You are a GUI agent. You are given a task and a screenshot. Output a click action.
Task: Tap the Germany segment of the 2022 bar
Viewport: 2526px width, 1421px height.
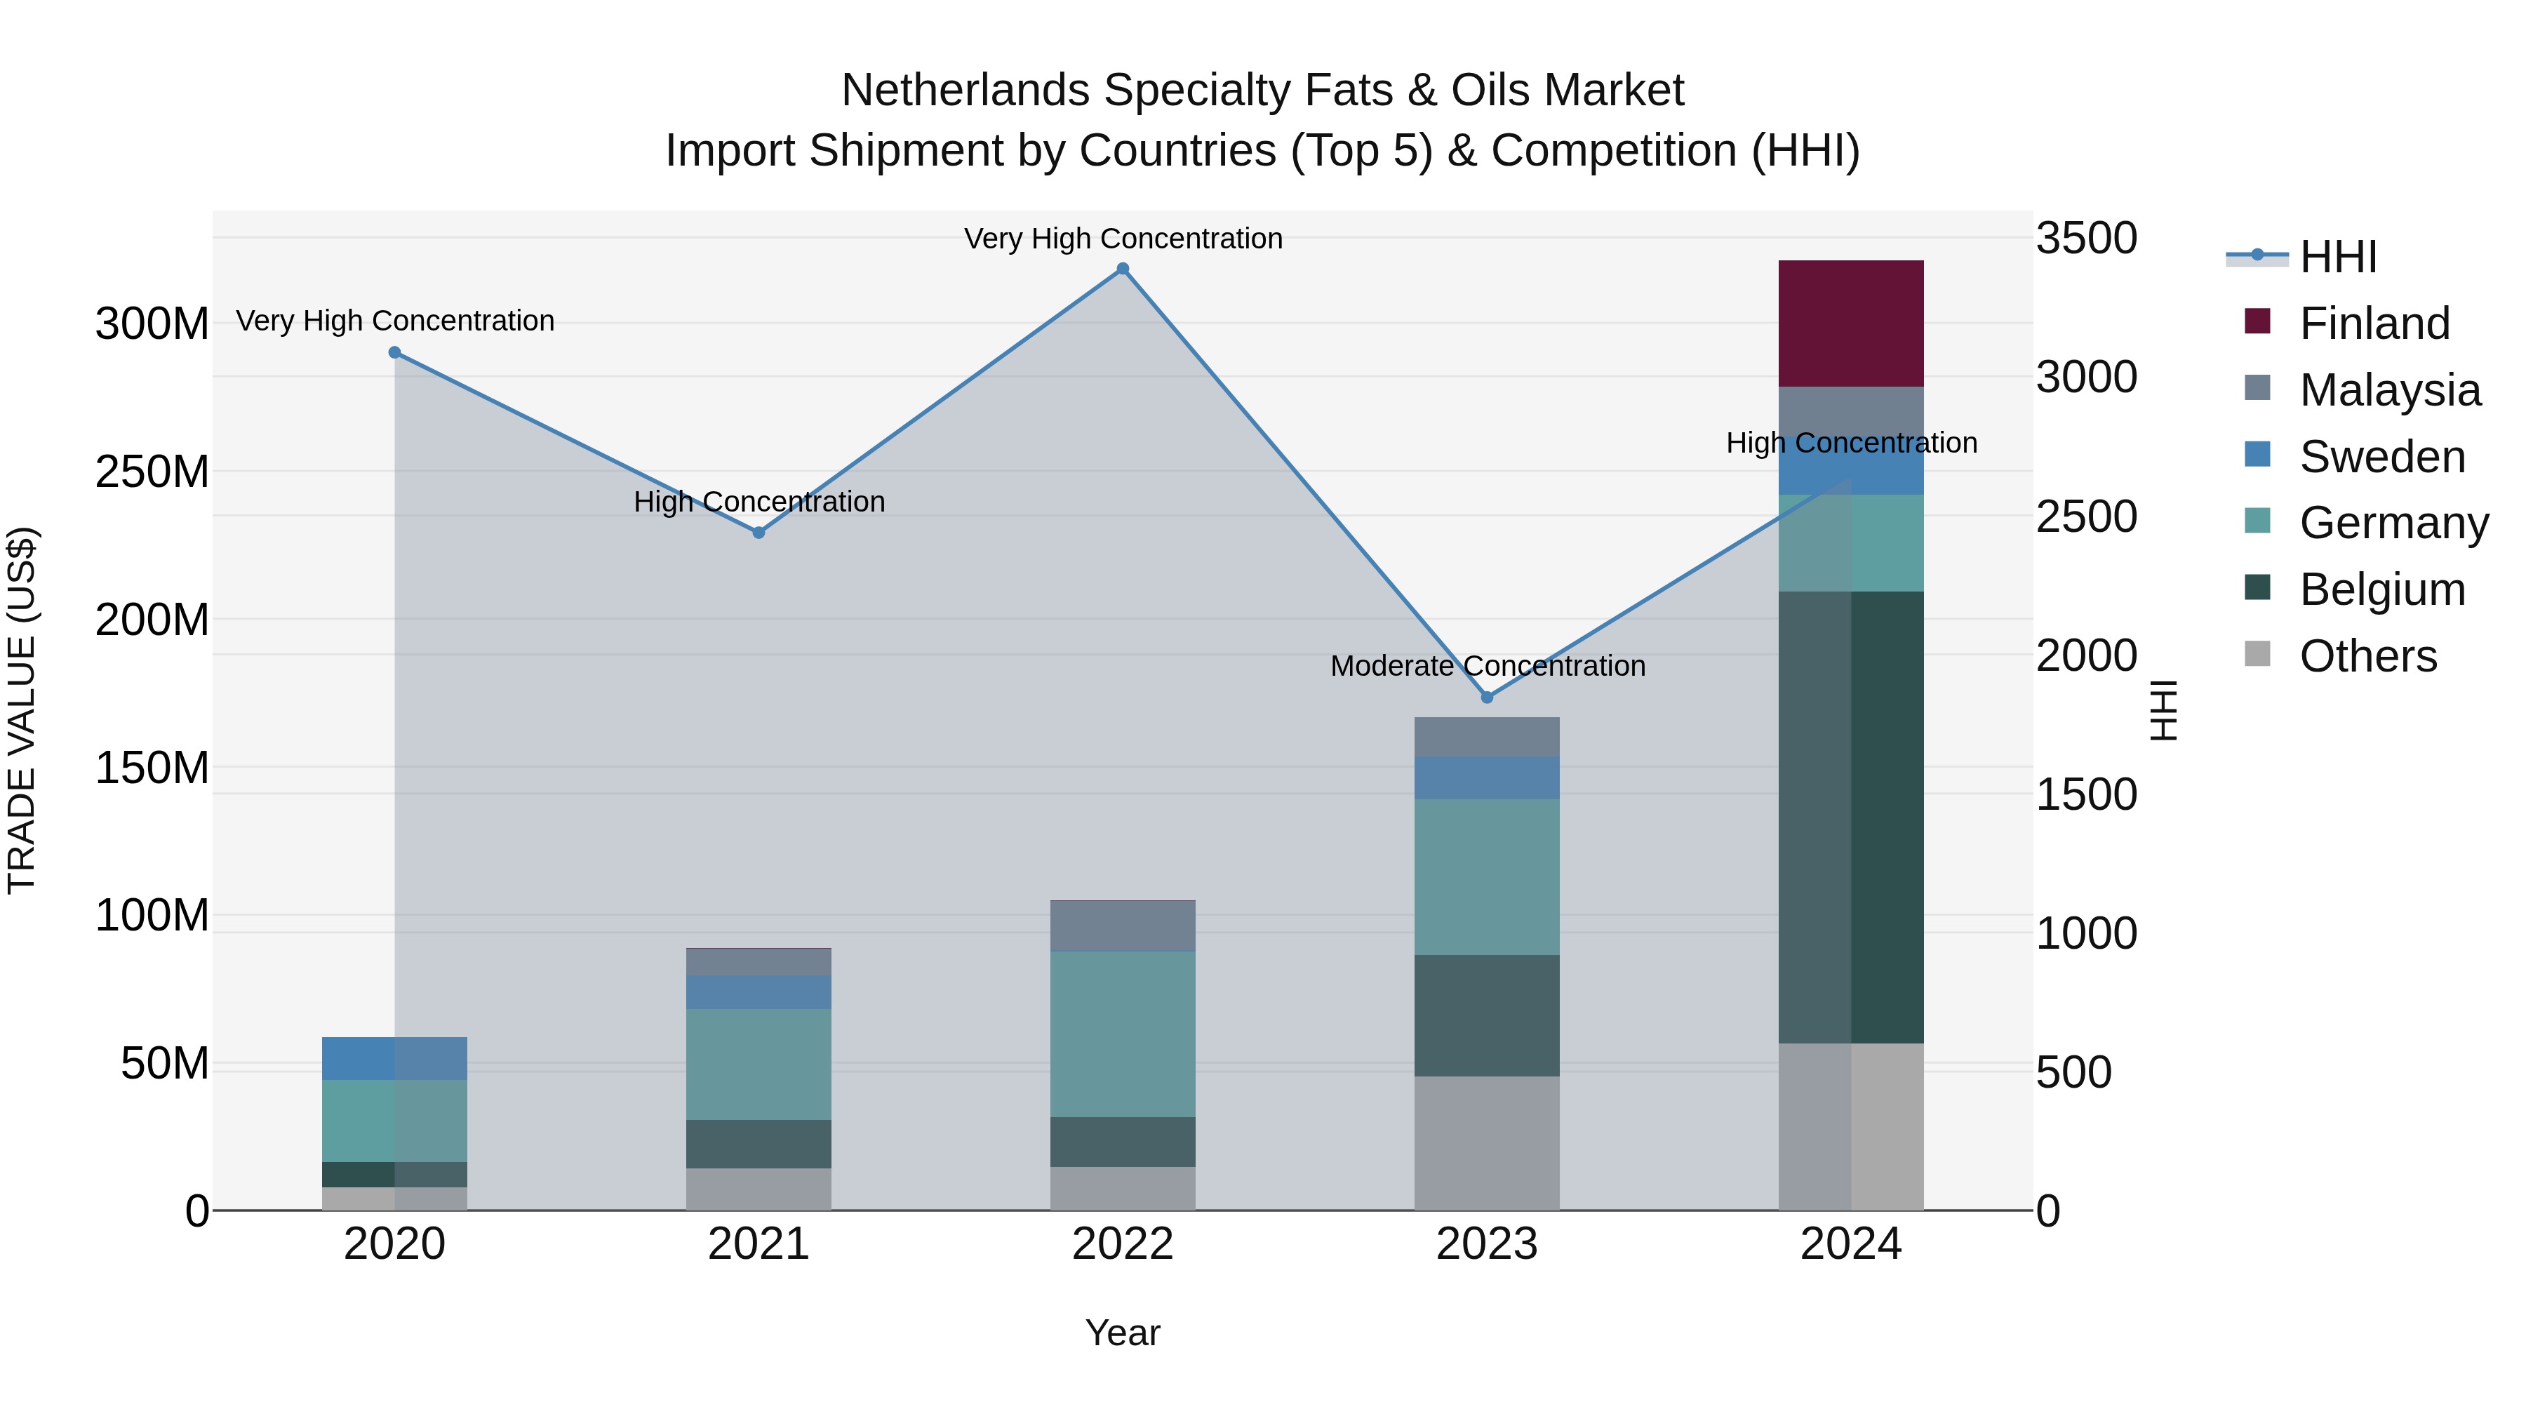tap(1123, 1034)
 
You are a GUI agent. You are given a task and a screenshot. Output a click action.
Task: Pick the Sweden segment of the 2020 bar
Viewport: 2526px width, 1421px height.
tap(394, 1058)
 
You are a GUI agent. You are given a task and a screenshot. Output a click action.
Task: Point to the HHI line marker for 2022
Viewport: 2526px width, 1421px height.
tap(1123, 269)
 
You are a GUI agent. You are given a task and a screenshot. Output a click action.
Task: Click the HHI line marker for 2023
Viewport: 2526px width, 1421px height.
tap(1487, 698)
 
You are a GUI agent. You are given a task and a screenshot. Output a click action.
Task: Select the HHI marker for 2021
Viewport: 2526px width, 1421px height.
tap(758, 533)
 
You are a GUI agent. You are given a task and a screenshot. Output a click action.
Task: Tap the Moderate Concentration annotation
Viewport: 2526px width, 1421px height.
tap(1487, 666)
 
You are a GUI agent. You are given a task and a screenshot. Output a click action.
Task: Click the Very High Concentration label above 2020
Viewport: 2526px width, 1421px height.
tap(395, 321)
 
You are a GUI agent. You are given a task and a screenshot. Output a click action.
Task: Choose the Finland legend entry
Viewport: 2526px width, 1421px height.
tap(2373, 323)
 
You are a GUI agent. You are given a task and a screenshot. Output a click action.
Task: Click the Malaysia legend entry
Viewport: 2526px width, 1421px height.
tap(2388, 390)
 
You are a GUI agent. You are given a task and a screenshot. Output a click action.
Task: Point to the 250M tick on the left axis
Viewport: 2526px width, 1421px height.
tap(152, 472)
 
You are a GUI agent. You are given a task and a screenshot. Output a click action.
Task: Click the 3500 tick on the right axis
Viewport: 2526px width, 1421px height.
tap(2086, 239)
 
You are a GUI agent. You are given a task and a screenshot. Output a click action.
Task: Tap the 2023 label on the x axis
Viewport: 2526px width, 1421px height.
tap(1487, 1244)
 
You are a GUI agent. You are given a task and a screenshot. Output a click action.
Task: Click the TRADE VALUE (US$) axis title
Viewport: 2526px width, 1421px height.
tap(22, 710)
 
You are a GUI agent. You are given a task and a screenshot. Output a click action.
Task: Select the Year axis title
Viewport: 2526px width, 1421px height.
tap(1122, 1333)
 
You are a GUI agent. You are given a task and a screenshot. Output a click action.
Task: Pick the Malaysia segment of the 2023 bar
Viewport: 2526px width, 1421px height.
tap(1487, 737)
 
